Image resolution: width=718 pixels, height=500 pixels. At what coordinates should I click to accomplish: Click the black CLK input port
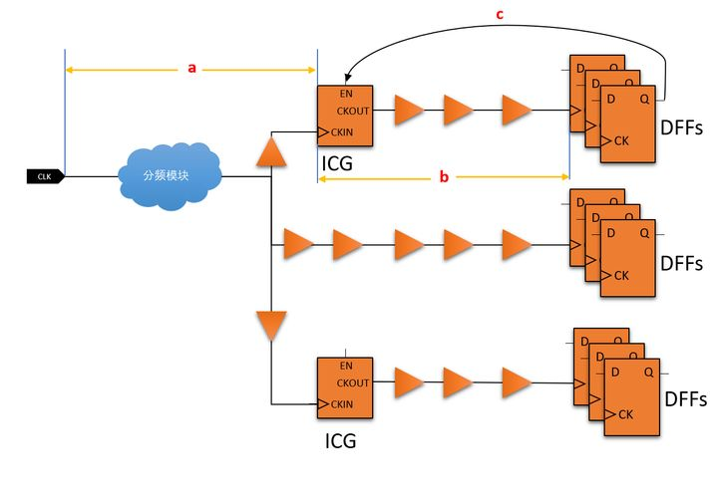45,176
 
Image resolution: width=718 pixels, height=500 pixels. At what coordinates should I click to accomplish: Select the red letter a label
191,68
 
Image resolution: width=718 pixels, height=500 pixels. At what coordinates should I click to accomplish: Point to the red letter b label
444,176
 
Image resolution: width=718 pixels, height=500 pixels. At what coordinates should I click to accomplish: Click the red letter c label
500,15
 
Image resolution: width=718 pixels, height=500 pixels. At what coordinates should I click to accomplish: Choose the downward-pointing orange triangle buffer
271,326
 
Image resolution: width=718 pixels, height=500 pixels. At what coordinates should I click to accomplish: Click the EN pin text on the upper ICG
346,94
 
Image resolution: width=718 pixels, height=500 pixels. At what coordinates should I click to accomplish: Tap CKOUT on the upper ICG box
353,112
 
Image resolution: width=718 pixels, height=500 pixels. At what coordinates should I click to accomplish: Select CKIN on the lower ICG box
342,404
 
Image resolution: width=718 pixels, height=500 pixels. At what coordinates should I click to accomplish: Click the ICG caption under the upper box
337,163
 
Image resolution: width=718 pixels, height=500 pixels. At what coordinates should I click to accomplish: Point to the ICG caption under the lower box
340,441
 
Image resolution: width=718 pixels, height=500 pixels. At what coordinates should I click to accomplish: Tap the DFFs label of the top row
681,127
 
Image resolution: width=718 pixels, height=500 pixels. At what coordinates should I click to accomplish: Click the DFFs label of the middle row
681,264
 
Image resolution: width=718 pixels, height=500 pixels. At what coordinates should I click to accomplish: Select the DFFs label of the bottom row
685,399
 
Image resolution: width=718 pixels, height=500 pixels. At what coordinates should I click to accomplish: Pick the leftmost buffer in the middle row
298,244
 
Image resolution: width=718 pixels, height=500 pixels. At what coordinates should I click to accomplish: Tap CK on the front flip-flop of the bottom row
625,414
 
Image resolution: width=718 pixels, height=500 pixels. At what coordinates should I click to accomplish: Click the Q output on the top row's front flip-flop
645,99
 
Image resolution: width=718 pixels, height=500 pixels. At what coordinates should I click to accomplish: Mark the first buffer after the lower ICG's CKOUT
409,382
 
